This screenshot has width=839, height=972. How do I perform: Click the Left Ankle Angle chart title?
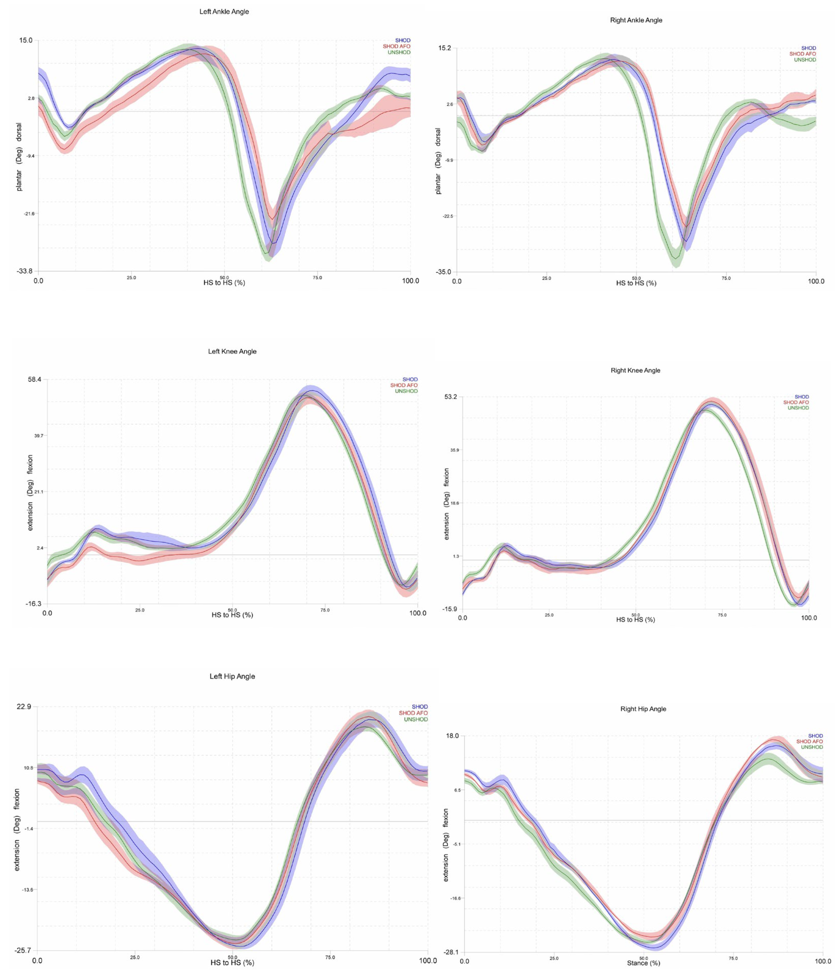pos(224,12)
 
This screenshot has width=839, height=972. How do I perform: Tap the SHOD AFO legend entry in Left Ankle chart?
pos(397,46)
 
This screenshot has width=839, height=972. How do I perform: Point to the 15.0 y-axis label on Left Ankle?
pos(26,40)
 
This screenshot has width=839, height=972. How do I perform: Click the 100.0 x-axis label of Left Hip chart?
pos(427,960)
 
